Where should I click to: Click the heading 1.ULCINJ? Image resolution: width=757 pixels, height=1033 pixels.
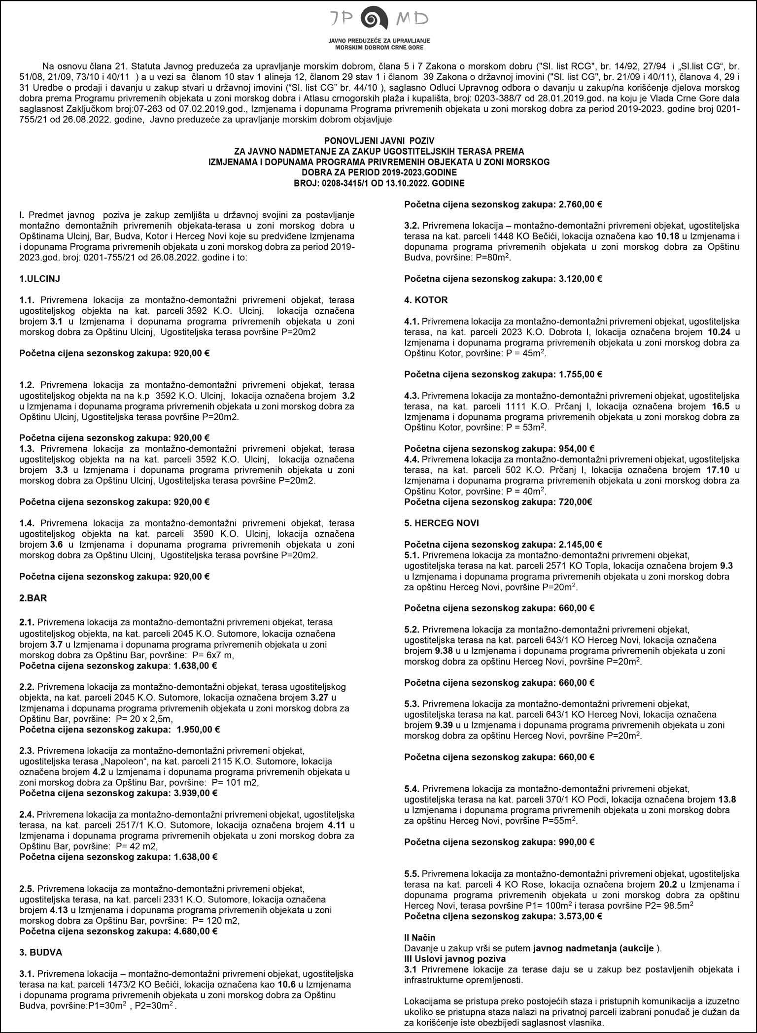pyautogui.click(x=39, y=278)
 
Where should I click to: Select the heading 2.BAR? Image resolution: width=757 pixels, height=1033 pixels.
pyautogui.click(x=33, y=599)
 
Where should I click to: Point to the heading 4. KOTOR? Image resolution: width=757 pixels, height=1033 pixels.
pyautogui.click(x=426, y=300)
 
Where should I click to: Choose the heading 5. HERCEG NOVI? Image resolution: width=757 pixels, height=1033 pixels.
pyautogui.click(x=441, y=523)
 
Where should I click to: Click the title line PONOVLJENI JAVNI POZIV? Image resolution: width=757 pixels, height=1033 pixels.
pyautogui.click(x=378, y=141)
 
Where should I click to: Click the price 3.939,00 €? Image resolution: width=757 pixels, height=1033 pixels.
pyautogui.click(x=196, y=794)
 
